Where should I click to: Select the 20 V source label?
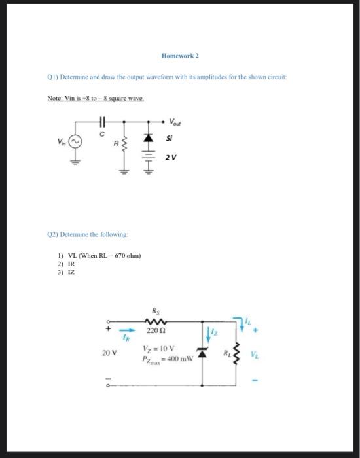click(x=109, y=353)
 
